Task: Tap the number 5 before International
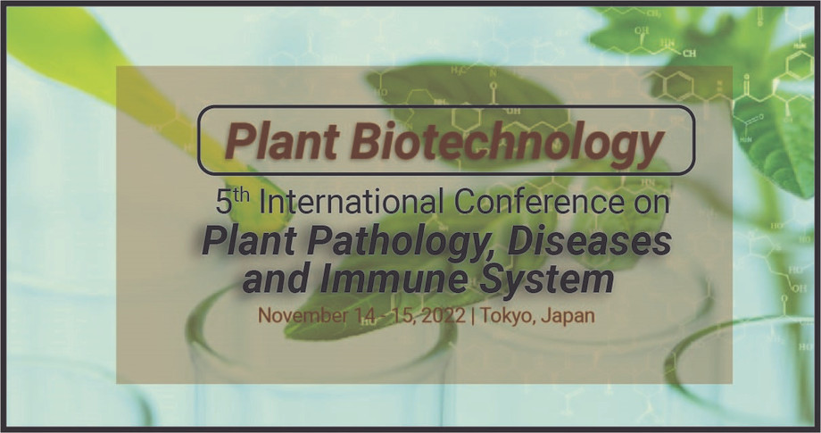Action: click(x=224, y=202)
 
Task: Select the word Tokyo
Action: click(x=506, y=315)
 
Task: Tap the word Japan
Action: click(x=569, y=315)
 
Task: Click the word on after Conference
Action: click(x=651, y=202)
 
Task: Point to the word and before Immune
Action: click(x=275, y=279)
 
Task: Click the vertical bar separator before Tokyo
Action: click(x=472, y=315)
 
